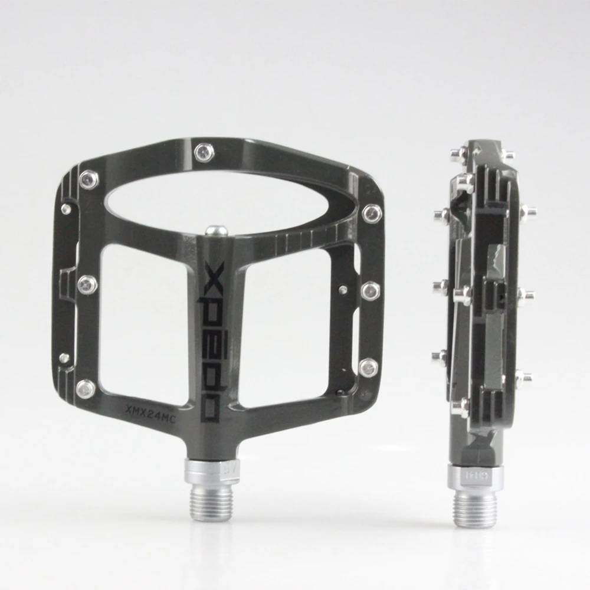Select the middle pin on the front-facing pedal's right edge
pos(370,290)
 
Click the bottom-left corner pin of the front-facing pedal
pos(86,388)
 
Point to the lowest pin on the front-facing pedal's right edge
pos(369,368)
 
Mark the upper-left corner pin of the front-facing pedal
pos(89,179)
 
